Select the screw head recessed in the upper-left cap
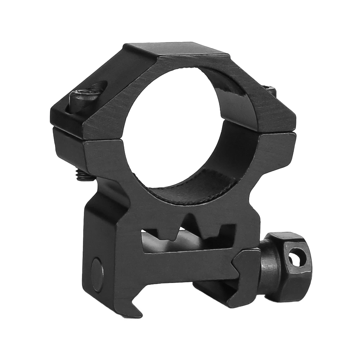point(86,95)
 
